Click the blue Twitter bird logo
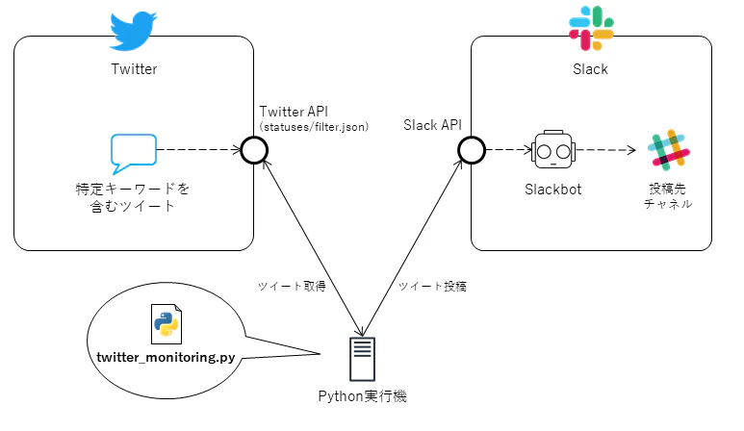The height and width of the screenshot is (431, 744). pos(133,31)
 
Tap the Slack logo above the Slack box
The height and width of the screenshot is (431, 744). pos(591,29)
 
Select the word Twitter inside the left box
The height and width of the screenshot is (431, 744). pos(134,68)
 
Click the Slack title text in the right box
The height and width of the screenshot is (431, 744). pos(591,69)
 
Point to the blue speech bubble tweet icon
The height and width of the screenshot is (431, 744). pos(133,152)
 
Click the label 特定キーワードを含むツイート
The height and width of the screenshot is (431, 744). pos(133,196)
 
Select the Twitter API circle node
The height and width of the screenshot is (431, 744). pos(254,150)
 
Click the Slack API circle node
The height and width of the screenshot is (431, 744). pos(472,150)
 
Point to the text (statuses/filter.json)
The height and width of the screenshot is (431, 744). pos(314,127)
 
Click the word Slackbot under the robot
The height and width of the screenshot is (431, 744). pos(553,189)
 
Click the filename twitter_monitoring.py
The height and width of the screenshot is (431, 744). pos(166,357)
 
